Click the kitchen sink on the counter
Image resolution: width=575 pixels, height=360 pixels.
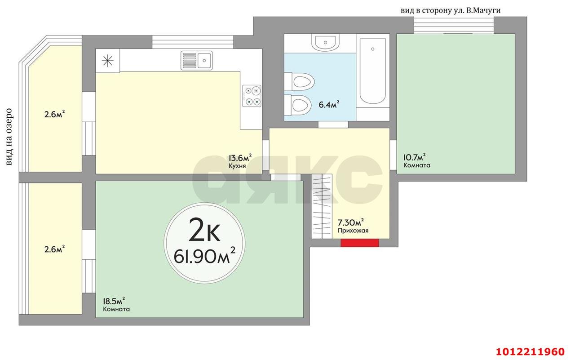pos(196,60)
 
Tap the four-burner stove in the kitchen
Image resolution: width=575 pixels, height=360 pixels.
pos(252,96)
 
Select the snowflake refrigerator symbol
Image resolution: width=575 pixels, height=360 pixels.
pos(108,61)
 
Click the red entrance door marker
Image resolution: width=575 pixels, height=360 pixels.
pos(359,243)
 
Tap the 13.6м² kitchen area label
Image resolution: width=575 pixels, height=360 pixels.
pos(240,158)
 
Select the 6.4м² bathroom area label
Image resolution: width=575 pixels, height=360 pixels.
pos(328,105)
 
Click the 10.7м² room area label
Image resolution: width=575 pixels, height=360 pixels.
pos(414,157)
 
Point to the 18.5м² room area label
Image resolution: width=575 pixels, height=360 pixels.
pos(114,301)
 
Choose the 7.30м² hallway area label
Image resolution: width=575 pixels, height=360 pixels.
pos(350,222)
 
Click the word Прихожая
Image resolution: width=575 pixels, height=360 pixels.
pos(353,231)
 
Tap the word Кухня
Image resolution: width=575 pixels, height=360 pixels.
pos(237,166)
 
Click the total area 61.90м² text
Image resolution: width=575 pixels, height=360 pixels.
pos(205,257)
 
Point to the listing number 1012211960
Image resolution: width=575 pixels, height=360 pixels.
pos(530,351)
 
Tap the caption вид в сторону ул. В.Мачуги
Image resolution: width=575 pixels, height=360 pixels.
pos(450,10)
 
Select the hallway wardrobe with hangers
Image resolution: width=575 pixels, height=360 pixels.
pos(322,206)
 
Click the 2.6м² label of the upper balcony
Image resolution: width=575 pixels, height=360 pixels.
pos(54,114)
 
